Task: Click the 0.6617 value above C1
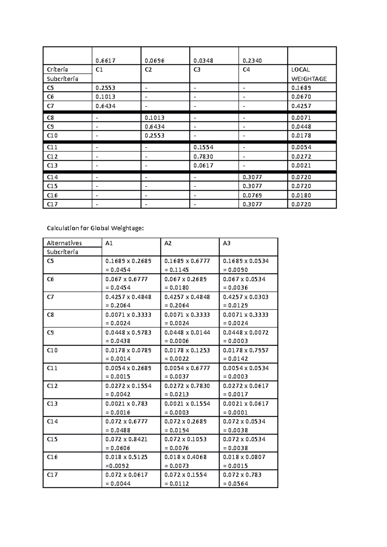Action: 105,61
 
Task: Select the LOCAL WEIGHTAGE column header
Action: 309,74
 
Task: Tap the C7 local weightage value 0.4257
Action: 301,106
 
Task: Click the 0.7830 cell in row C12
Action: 203,157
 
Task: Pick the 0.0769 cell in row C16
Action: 252,195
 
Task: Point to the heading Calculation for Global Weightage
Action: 95,228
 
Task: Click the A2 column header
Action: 168,243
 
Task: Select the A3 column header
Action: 226,243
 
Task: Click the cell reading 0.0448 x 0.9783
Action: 128,332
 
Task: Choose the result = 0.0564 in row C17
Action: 235,484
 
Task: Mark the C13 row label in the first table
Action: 52,166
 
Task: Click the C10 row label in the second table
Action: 52,350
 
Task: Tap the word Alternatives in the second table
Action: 64,243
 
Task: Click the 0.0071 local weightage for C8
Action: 301,118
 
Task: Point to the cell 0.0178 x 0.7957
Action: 245,350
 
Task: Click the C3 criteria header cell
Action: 197,70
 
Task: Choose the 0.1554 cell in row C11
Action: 203,147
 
